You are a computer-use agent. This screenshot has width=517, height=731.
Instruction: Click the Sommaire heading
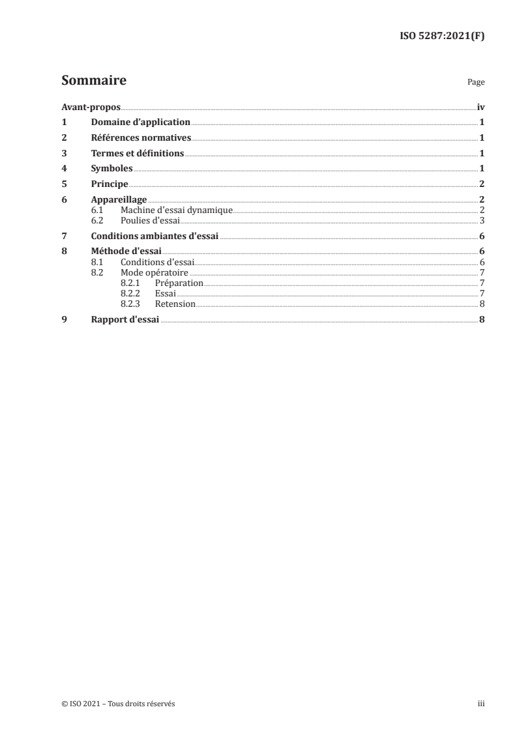(94, 81)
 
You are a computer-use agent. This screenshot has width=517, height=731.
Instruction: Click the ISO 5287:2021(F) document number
(441, 36)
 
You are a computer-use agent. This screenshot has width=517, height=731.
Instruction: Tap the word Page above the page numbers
(476, 83)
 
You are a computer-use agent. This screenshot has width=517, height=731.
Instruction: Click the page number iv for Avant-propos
(480, 106)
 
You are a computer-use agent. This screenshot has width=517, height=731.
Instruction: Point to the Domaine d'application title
(140, 122)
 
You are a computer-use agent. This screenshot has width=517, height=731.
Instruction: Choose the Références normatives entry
(141, 137)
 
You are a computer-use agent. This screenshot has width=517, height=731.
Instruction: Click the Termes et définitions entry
(138, 153)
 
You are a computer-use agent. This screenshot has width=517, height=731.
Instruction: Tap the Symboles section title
(111, 168)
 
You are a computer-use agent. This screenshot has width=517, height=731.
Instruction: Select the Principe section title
(110, 184)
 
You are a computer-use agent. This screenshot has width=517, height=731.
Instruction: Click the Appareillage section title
(119, 199)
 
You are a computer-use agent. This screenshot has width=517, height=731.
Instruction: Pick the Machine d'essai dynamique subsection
(177, 210)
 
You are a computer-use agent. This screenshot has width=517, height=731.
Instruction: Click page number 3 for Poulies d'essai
(481, 220)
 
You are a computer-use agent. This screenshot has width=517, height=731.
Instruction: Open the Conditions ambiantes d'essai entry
(155, 236)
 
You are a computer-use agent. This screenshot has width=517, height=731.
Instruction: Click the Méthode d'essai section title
(126, 251)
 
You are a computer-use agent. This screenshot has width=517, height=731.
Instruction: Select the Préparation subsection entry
(179, 283)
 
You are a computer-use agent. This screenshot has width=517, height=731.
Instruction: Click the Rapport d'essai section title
(125, 319)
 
